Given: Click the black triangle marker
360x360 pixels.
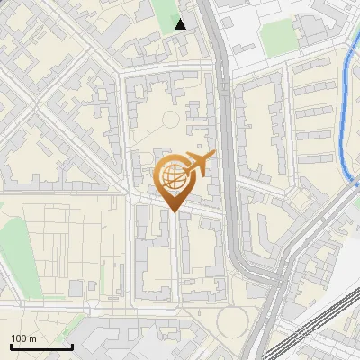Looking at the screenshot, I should click(x=181, y=24).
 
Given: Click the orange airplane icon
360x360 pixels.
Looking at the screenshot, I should click(x=197, y=165).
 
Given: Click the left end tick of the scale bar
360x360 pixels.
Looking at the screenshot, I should click(x=11, y=346).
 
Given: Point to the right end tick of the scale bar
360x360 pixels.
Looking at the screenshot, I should click(x=72, y=346).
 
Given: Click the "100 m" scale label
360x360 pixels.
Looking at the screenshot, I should click(x=24, y=338).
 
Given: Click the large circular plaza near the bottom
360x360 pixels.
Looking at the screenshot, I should click(x=231, y=322).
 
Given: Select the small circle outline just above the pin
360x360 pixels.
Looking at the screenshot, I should click(x=169, y=120).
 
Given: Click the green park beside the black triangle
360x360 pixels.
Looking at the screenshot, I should click(x=165, y=13).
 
